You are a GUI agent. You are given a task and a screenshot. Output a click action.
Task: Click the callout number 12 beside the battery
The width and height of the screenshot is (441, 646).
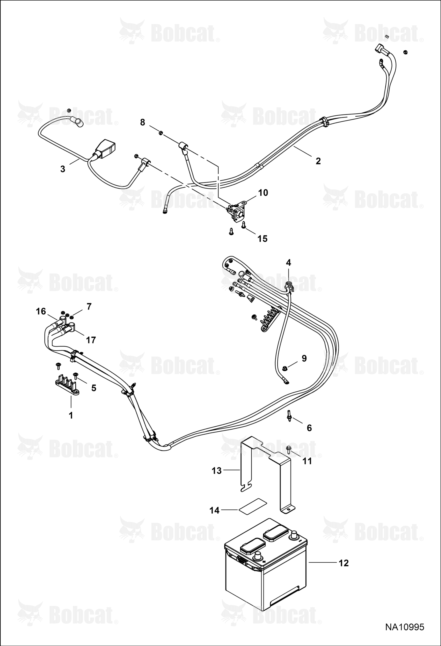[344, 563]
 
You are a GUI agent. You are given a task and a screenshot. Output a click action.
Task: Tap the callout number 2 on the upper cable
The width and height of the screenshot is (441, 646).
[318, 161]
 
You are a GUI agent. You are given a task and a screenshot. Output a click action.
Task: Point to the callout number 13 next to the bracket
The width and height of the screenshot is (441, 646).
[216, 471]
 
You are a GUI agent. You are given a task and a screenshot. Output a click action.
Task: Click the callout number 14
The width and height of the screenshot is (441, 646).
[214, 510]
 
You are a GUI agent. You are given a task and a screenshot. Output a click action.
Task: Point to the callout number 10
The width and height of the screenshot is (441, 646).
[263, 193]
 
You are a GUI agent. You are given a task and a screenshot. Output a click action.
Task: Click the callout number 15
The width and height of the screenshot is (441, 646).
[262, 238]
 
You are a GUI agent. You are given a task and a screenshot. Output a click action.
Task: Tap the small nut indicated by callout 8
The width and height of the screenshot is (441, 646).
[161, 133]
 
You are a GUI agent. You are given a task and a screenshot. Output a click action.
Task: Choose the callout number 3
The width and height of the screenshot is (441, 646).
[62, 169]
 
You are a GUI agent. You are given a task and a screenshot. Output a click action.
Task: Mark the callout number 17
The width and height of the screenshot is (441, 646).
[91, 340]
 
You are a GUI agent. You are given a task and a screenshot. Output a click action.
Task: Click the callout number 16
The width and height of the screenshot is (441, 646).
[41, 311]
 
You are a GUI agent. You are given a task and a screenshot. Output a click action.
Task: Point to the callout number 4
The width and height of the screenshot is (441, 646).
[289, 262]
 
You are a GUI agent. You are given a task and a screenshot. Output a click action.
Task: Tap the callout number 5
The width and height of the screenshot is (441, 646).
[94, 388]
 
